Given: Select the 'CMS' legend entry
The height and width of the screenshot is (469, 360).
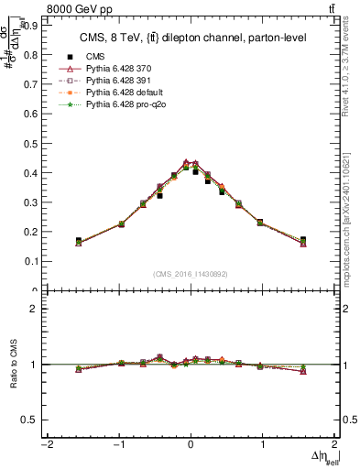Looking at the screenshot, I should pyautogui.click(x=95, y=55).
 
